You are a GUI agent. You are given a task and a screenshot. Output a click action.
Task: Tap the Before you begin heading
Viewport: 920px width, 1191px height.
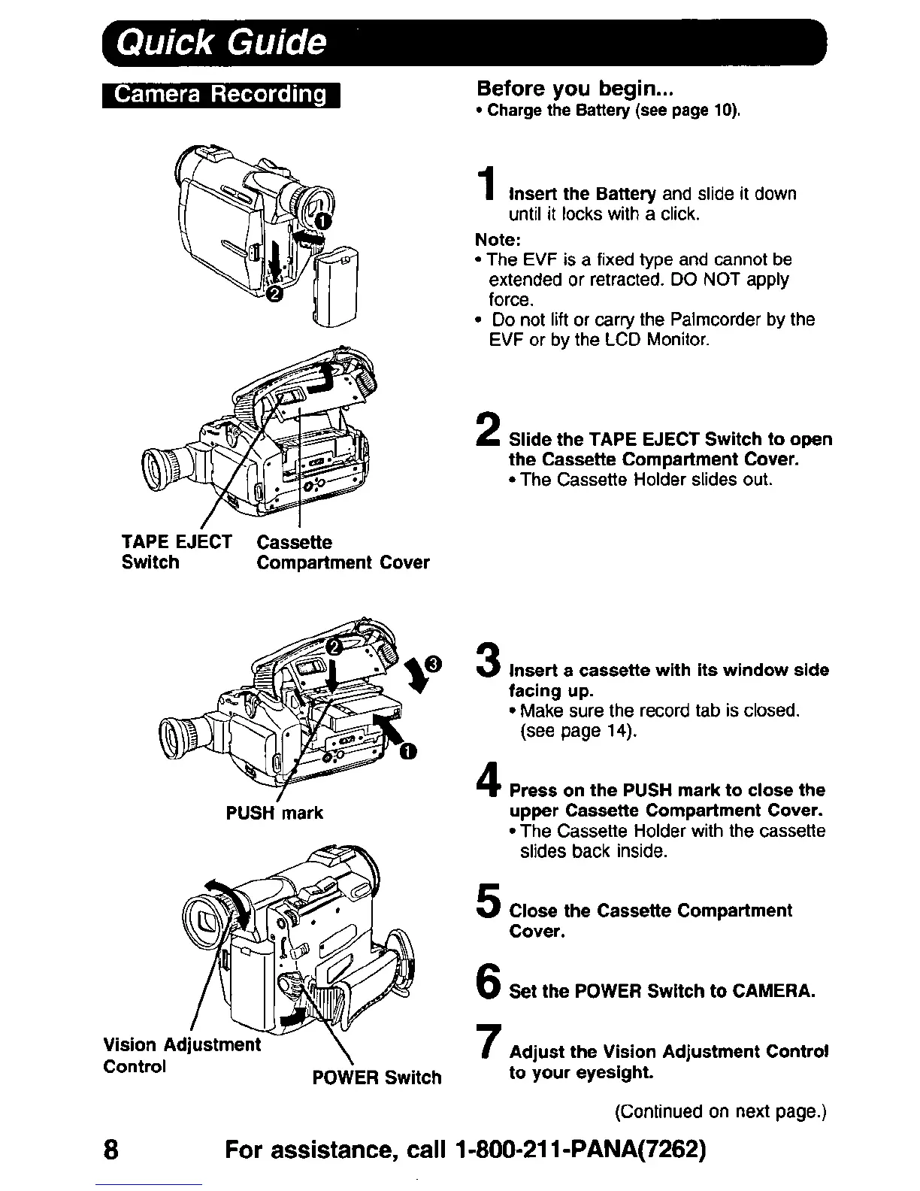point(577,89)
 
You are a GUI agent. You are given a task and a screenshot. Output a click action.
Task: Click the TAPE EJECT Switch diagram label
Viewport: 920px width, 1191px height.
point(177,552)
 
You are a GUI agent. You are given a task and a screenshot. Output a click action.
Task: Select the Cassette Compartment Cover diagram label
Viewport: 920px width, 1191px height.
point(343,552)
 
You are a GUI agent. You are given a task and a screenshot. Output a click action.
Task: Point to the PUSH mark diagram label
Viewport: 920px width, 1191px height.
point(274,813)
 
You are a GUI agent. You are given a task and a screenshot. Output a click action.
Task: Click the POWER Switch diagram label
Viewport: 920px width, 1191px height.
point(377,1077)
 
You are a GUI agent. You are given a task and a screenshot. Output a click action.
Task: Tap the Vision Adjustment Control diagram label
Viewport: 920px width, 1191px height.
point(181,1055)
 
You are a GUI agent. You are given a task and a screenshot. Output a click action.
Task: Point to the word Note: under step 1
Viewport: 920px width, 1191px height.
point(498,239)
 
